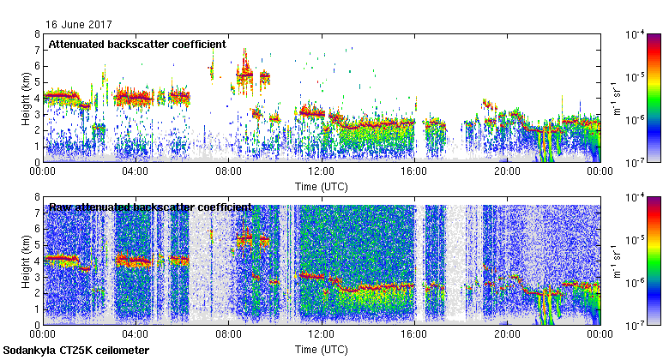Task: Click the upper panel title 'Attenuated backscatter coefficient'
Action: point(137,44)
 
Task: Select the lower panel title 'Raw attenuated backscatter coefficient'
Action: point(149,207)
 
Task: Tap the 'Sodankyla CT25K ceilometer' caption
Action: point(76,351)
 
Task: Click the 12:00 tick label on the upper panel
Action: point(322,171)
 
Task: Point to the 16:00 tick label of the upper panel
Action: point(414,171)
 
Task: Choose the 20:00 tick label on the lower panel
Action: point(507,335)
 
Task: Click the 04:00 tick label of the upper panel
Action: point(136,171)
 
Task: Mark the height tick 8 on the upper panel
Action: point(37,35)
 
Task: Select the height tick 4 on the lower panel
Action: point(37,261)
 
